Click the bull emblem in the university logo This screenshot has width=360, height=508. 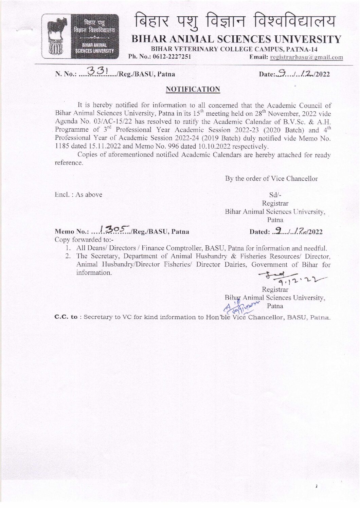click(x=58, y=31)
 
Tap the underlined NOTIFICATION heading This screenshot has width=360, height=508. click(x=193, y=89)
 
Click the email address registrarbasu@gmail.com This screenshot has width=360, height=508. click(x=306, y=57)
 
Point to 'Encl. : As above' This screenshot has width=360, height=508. click(x=78, y=194)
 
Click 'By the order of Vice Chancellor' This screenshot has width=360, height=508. click(x=271, y=178)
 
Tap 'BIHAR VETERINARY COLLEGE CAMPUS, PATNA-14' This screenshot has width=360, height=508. click(x=234, y=49)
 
